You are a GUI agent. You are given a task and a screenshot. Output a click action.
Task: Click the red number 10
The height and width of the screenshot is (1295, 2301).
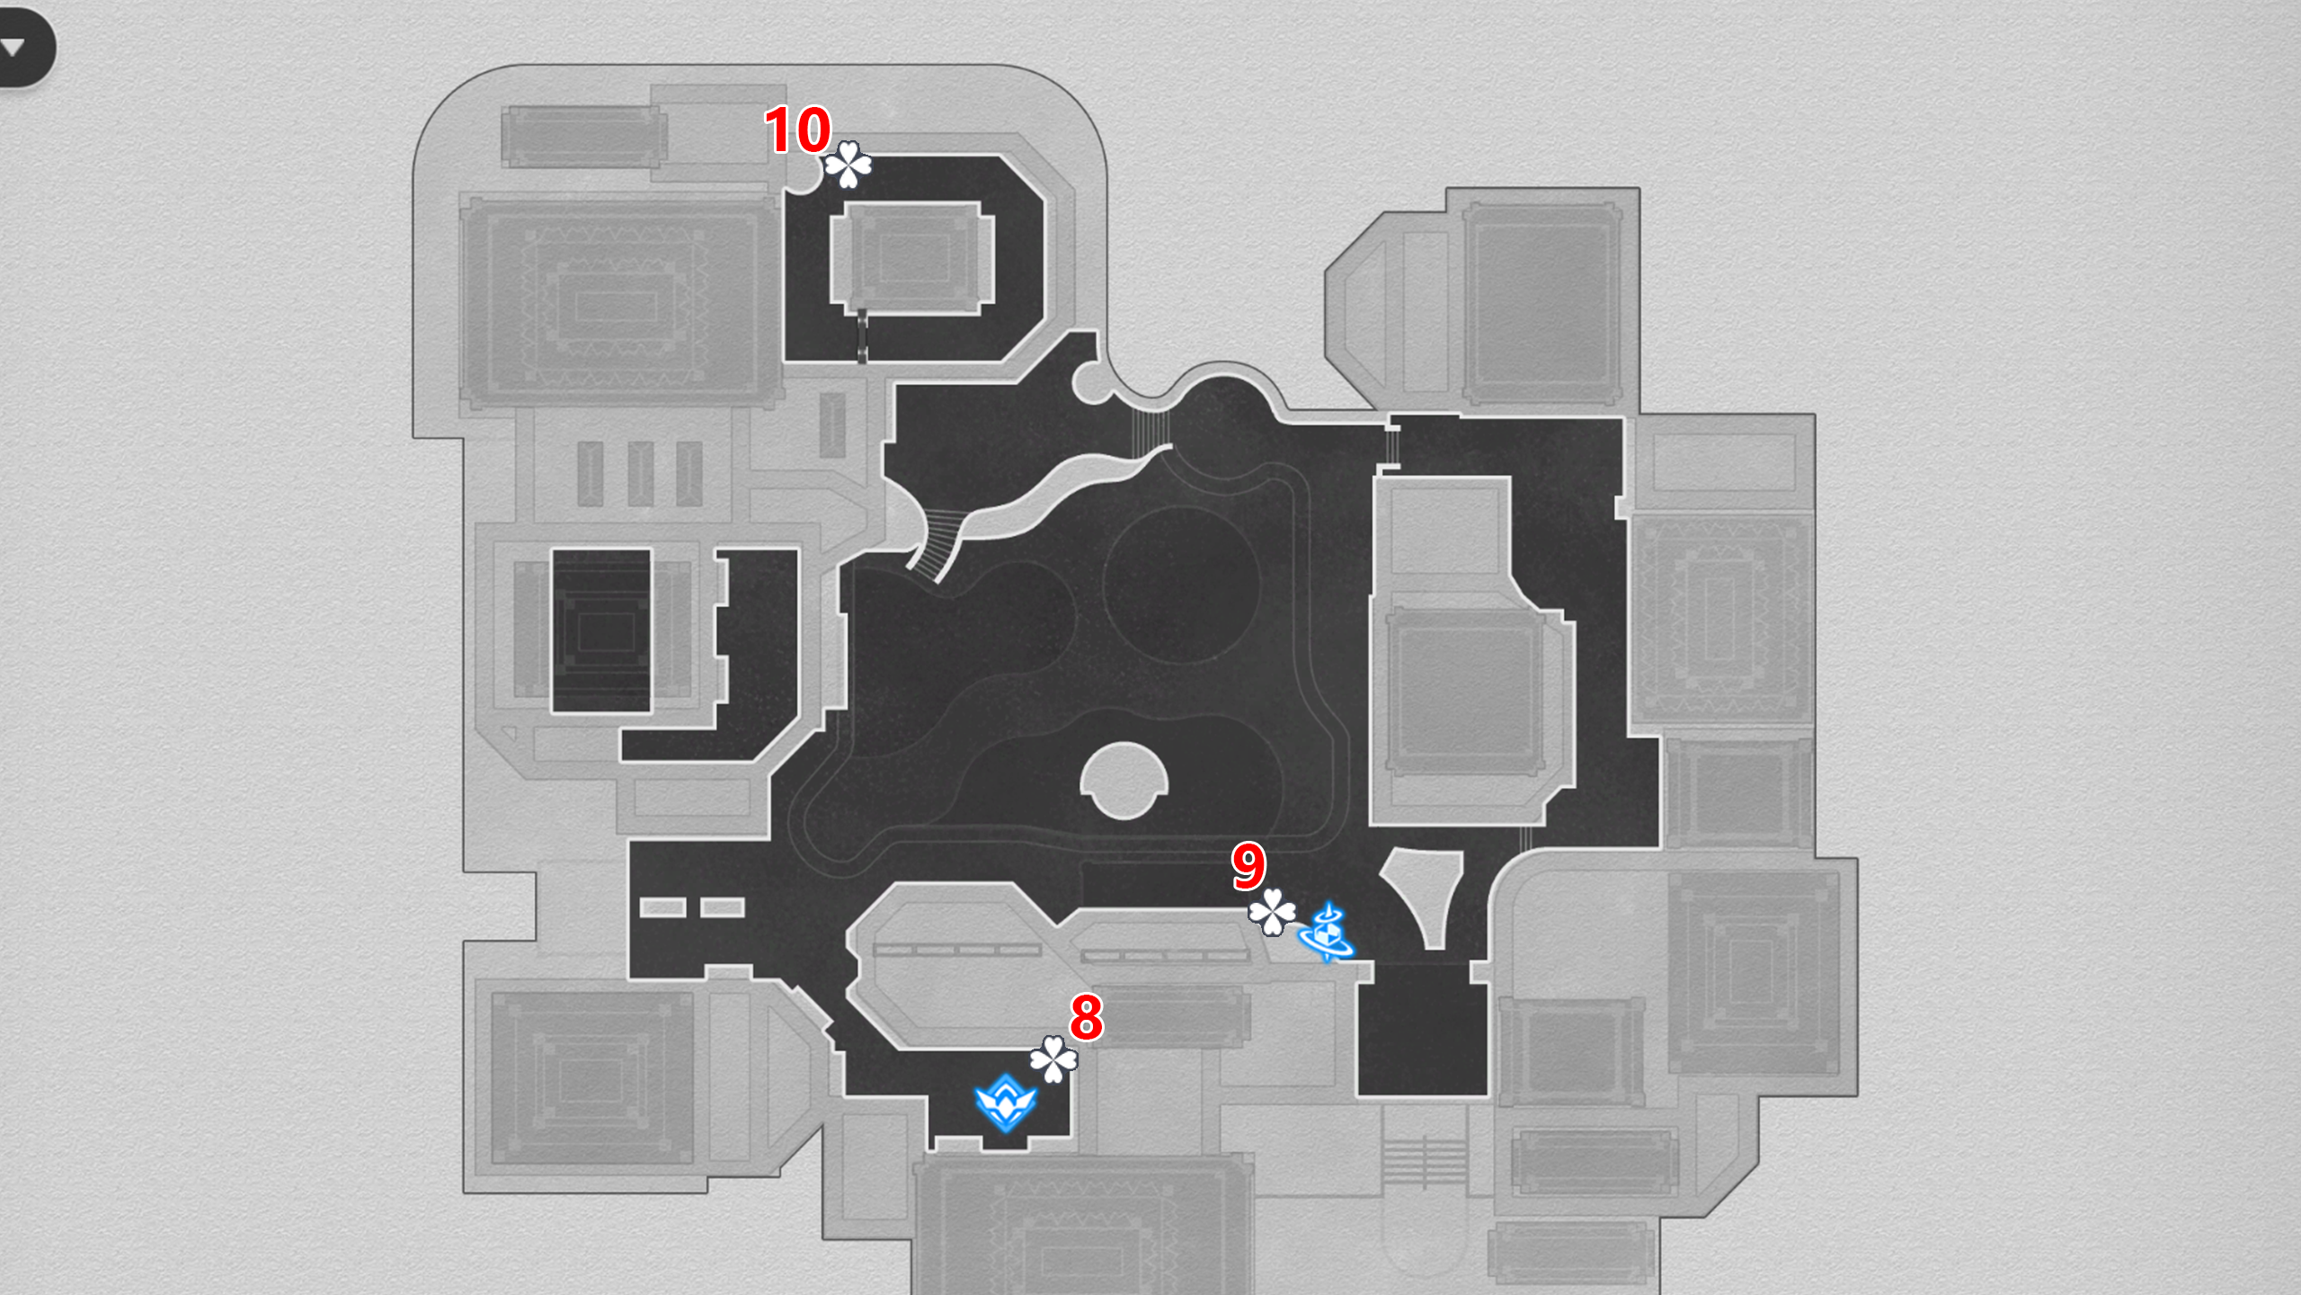[x=797, y=130]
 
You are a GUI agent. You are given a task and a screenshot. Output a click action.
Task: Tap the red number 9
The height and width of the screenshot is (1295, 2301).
[x=1248, y=865]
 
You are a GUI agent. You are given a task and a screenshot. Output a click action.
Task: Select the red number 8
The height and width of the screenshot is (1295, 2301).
[x=1086, y=1016]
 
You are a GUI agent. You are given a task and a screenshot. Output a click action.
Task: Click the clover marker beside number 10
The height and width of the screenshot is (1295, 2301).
[x=848, y=165]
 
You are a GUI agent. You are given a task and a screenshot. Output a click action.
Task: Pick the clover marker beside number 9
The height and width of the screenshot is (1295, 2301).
[x=1272, y=912]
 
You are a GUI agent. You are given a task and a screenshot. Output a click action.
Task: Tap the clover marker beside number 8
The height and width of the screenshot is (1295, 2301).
[x=1053, y=1059]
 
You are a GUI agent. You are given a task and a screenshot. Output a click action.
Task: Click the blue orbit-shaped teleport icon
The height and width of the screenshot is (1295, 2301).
[x=1327, y=933]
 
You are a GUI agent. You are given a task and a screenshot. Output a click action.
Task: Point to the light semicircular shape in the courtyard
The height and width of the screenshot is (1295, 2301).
[x=1124, y=781]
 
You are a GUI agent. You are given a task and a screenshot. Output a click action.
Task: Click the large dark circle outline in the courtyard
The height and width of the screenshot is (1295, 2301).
[x=1180, y=585]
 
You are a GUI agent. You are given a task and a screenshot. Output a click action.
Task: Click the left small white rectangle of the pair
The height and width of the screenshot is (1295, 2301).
[x=662, y=907]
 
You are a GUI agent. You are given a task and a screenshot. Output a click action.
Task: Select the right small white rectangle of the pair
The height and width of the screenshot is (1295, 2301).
[x=722, y=907]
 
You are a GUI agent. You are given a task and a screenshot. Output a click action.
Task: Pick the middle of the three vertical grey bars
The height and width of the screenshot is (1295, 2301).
[x=640, y=473]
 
